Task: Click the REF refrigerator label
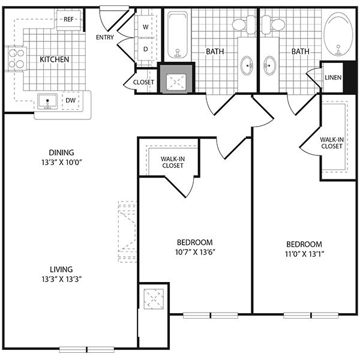[x=68, y=19]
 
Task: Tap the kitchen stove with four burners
[x=16, y=59]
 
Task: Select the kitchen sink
[x=47, y=101]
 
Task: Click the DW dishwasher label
[x=70, y=100]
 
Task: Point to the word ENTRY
[x=104, y=37]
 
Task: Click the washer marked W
[x=146, y=26]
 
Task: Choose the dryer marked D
[x=146, y=49]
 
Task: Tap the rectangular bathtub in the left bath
[x=177, y=35]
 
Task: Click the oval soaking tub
[x=337, y=35]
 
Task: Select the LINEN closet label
[x=333, y=77]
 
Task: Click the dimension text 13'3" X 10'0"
[x=62, y=163]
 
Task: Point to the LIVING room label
[x=61, y=269]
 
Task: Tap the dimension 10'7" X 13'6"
[x=195, y=253]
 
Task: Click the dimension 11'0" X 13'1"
[x=304, y=254]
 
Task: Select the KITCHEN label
[x=55, y=59]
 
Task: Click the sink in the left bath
[x=247, y=65]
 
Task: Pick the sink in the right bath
[x=270, y=65]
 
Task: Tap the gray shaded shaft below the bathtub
[x=176, y=79]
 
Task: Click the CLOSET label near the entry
[x=143, y=82]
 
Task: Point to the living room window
[x=87, y=349]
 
